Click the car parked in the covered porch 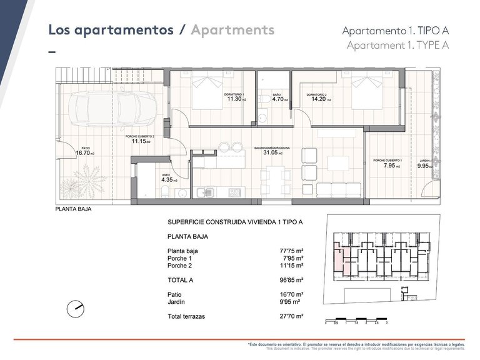100,106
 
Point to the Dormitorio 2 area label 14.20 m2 317,97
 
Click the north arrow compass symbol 76,307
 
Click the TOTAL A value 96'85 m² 291,281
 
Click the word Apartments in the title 232,29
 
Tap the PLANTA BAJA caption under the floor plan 74,210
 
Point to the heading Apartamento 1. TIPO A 396,31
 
